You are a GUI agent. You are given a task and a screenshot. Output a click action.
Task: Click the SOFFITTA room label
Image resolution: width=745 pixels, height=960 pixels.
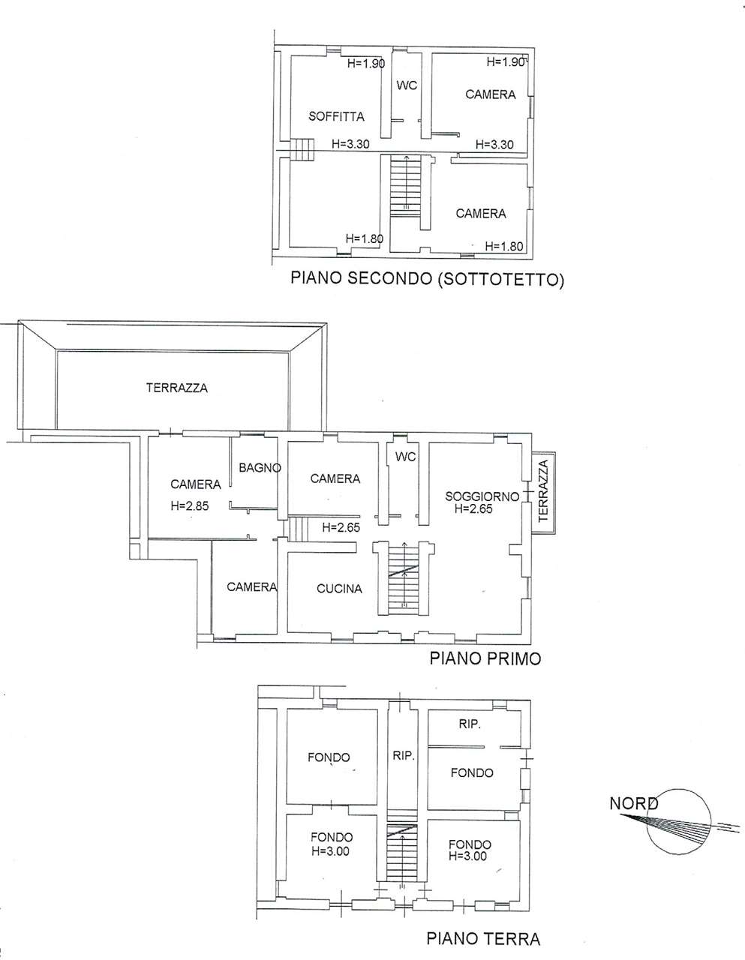coord(336,117)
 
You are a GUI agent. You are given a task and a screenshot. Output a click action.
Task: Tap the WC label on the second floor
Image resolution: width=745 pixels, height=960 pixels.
coord(407,85)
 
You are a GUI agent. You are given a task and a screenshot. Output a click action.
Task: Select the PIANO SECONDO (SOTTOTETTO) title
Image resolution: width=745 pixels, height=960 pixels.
coord(427,279)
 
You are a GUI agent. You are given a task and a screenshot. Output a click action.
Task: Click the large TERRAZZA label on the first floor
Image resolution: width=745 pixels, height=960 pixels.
coord(177,388)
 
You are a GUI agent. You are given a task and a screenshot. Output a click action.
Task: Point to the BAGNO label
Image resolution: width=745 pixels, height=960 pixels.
coord(260,467)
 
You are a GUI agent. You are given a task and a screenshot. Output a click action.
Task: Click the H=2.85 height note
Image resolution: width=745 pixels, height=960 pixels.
coord(190,505)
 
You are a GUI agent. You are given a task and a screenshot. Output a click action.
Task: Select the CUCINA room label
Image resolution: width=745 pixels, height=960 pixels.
coord(339,589)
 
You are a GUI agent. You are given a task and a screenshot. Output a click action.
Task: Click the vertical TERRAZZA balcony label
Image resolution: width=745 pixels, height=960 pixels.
coord(543,490)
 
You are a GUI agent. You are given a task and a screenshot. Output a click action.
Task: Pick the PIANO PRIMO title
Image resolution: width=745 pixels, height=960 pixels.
coord(485,658)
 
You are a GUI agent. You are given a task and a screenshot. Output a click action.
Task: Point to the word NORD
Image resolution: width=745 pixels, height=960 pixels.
coord(634,803)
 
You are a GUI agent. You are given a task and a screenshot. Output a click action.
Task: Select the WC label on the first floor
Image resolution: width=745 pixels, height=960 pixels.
coord(406,456)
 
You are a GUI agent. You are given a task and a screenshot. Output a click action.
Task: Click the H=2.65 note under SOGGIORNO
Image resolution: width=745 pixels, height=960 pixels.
coord(473,509)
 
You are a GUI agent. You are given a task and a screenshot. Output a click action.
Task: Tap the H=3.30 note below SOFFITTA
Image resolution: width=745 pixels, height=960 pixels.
coord(350,144)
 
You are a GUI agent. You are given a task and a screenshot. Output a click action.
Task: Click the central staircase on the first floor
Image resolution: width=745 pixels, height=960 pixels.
coord(404,577)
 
